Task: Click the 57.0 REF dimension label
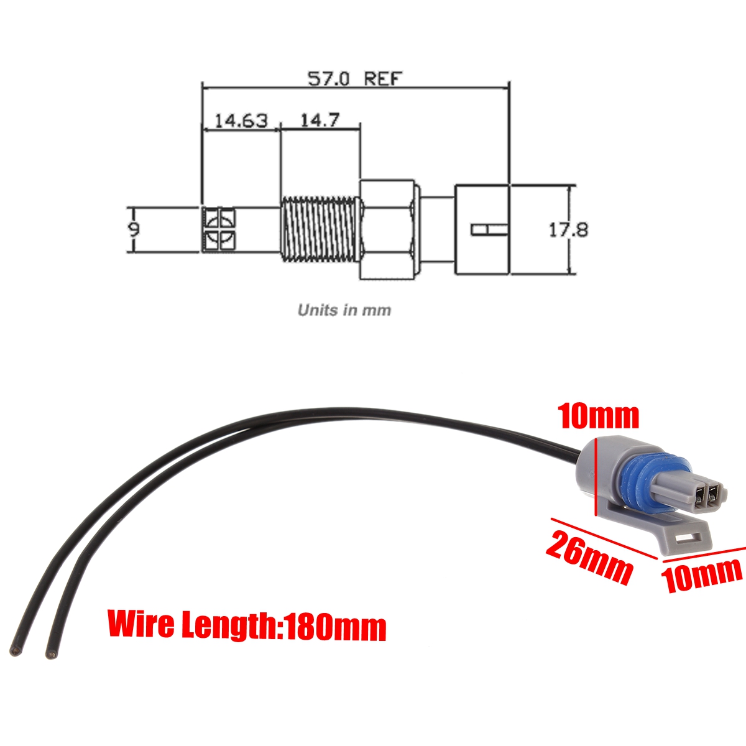click(x=356, y=79)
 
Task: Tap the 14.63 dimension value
click(x=241, y=120)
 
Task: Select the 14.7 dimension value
click(x=320, y=120)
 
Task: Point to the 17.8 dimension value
click(x=568, y=230)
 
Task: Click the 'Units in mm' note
click(x=344, y=310)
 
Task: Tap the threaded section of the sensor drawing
click(x=319, y=229)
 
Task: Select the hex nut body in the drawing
click(x=387, y=229)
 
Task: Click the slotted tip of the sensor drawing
click(x=219, y=229)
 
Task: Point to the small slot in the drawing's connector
click(x=489, y=231)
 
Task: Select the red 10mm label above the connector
click(x=598, y=415)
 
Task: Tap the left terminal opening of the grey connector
click(x=701, y=495)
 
